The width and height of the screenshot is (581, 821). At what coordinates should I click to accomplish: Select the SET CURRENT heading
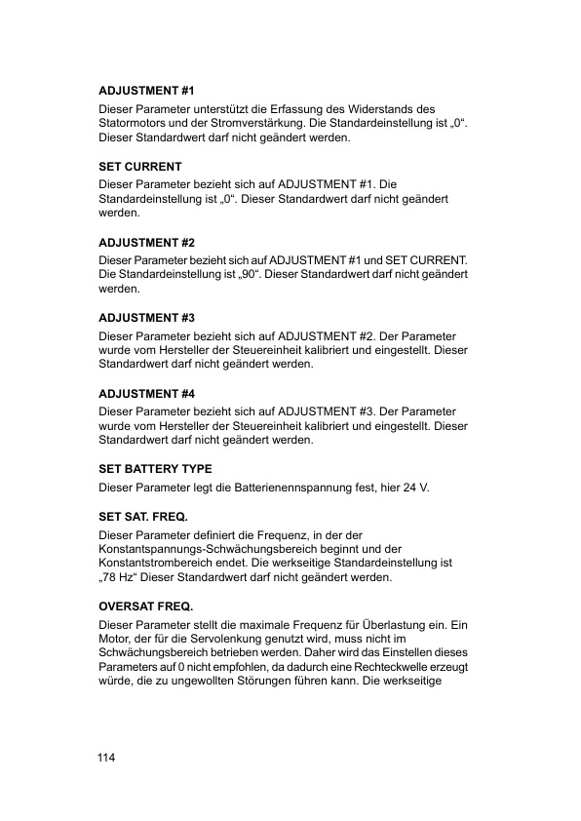(x=140, y=167)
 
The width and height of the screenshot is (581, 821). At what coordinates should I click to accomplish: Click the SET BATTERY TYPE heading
(x=156, y=469)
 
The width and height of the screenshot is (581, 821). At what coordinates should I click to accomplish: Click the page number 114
(x=106, y=759)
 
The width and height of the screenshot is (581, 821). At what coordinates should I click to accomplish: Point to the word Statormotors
(x=134, y=124)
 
